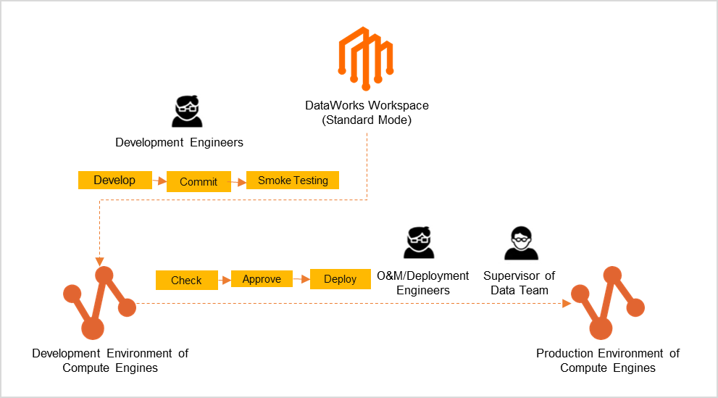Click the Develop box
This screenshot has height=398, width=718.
115,181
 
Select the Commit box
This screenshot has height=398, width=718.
199,182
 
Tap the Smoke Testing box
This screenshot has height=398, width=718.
293,181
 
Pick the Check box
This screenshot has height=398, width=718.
186,281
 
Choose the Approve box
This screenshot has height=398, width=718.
262,279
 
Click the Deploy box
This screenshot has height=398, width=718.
340,279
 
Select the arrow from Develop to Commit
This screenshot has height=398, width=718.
160,181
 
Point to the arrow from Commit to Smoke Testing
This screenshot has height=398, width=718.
238,182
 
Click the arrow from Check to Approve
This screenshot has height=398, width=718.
225,280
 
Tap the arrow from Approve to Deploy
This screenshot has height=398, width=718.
301,279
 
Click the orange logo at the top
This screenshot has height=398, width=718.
366,58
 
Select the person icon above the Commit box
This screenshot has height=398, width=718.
188,109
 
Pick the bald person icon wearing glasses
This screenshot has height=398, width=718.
520,242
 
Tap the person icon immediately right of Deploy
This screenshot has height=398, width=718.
419,240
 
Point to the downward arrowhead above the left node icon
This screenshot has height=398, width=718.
99,262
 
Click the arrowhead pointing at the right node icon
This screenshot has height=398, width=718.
567,304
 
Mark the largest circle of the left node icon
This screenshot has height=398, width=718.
93,328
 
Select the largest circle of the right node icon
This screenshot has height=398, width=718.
601,328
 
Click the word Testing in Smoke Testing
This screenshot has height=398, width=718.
310,181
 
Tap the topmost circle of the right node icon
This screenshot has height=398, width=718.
613,275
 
